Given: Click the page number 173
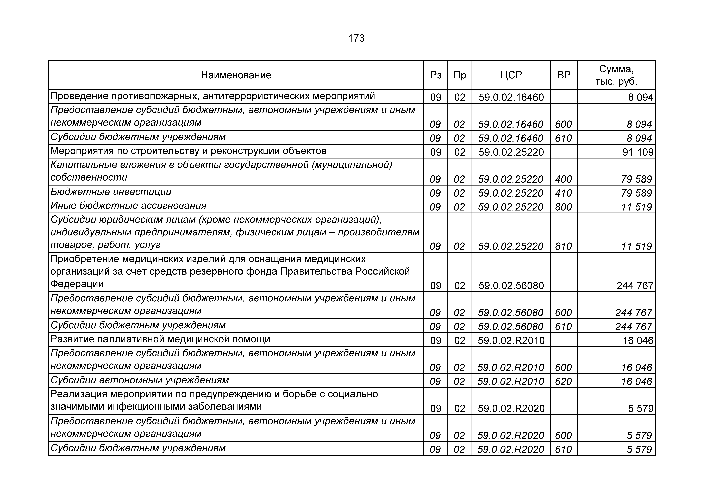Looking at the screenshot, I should [x=356, y=38].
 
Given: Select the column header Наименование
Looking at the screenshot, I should [x=236, y=75].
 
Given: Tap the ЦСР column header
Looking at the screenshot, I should [x=511, y=75].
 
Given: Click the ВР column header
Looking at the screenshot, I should [x=564, y=75].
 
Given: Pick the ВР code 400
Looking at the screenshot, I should [x=563, y=179].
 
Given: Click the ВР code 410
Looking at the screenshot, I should [x=563, y=193].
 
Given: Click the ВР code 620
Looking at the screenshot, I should [x=563, y=381].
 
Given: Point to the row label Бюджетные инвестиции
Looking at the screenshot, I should [x=111, y=192].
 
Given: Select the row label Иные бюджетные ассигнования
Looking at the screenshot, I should [x=128, y=206].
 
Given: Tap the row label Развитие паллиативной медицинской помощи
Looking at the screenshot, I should [x=160, y=339].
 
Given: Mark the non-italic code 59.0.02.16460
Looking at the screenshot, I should [x=511, y=98].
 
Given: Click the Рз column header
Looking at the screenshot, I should [x=436, y=75].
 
